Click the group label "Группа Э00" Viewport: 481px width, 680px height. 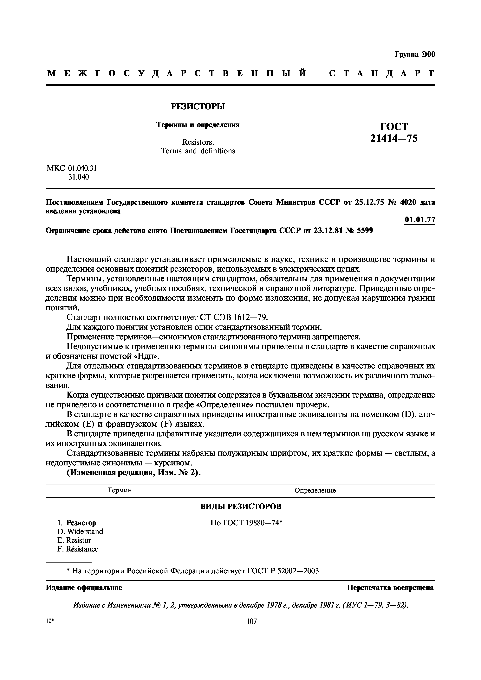pos(415,54)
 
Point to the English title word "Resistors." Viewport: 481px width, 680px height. pos(198,142)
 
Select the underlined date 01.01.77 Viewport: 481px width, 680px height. pos(420,220)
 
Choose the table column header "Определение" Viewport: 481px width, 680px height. pos(315,490)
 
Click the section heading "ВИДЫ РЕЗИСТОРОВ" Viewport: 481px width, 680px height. pos(241,507)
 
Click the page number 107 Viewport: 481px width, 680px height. pos(251,621)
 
